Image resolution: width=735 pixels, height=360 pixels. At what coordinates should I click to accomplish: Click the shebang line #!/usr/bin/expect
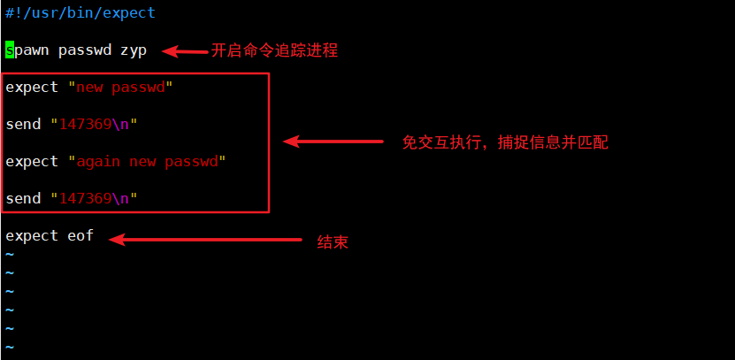[80, 13]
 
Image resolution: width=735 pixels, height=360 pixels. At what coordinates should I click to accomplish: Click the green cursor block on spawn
[9, 50]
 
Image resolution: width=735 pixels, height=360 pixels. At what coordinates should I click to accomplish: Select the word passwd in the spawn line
[84, 50]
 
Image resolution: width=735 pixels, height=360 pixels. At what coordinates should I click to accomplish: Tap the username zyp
[133, 50]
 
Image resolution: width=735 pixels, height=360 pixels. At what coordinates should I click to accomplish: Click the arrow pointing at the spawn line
[184, 51]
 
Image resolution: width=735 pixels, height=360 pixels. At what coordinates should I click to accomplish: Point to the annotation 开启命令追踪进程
[274, 51]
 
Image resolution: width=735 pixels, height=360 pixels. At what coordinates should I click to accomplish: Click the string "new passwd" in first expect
[119, 87]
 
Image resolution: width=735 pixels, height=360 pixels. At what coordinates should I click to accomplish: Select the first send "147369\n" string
[94, 125]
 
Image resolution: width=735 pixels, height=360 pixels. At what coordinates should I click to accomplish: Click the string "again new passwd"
[147, 162]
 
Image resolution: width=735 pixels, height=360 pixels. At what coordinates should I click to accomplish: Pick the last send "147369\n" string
[94, 199]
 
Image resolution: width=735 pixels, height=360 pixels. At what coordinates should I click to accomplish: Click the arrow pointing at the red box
[332, 142]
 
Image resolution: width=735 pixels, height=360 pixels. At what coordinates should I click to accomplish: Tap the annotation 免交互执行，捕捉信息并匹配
[505, 142]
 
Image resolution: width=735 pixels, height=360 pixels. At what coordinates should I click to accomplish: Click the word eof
[80, 236]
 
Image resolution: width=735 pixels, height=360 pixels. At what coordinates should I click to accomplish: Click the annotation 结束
[333, 241]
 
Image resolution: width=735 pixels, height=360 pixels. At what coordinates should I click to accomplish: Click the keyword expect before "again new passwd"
[31, 162]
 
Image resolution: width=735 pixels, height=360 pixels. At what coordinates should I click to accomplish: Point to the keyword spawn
[27, 50]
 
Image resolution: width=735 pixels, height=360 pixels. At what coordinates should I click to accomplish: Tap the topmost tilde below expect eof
[10, 255]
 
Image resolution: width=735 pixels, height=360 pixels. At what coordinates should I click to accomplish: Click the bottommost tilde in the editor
[10, 348]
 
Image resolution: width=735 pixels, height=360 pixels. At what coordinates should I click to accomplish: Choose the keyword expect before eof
[31, 236]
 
